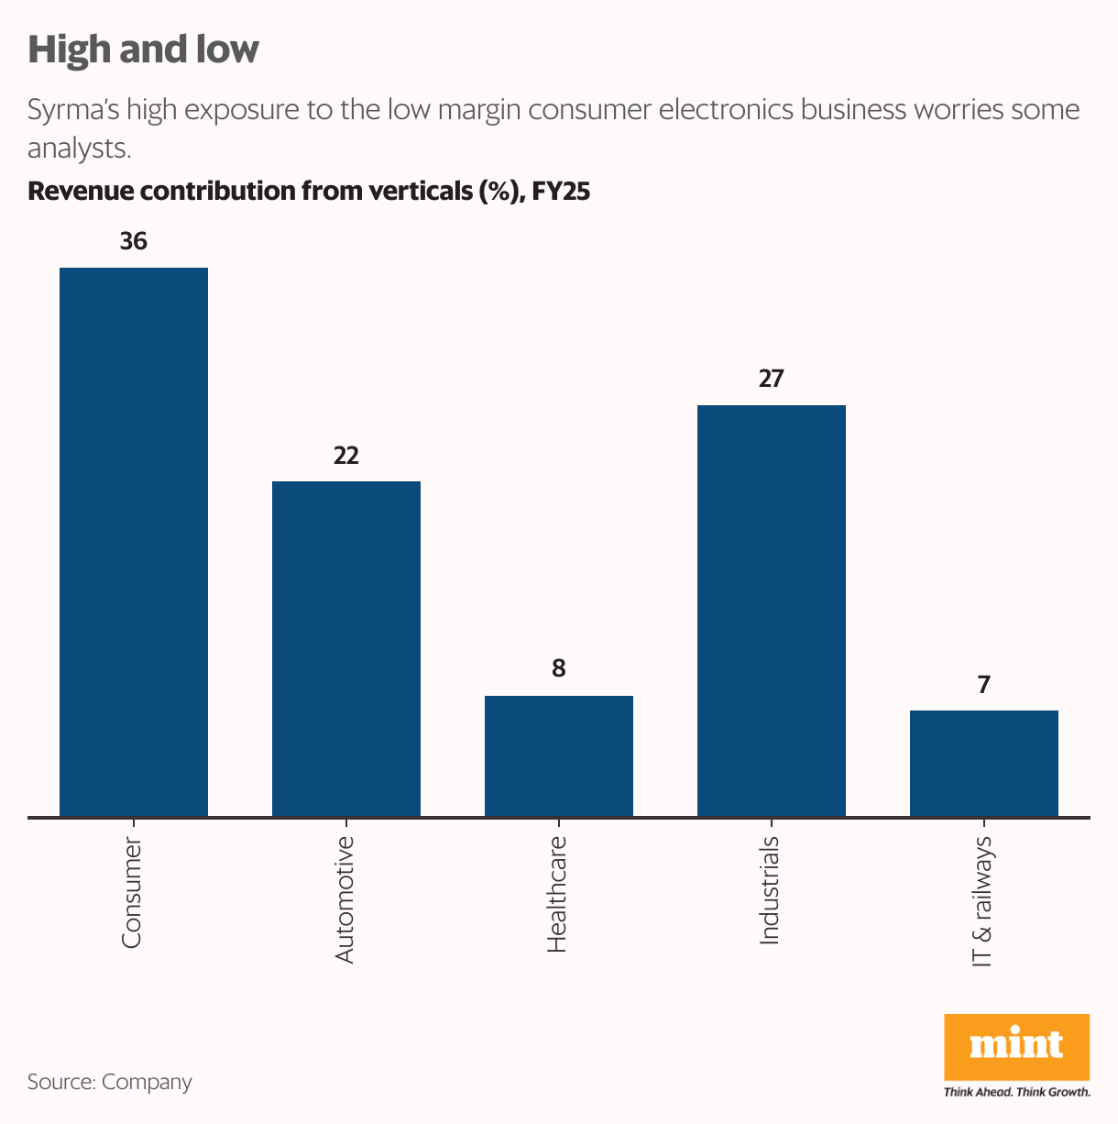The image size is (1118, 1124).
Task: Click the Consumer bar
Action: coord(134,541)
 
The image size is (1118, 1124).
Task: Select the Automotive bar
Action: coord(346,648)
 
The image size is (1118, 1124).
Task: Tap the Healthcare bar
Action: coord(559,755)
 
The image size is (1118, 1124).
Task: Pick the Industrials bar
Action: coord(772,610)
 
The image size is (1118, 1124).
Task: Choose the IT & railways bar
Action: coord(984,763)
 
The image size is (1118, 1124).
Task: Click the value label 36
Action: coord(134,241)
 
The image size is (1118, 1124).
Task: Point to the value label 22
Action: coord(346,455)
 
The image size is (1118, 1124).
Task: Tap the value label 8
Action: coord(559,669)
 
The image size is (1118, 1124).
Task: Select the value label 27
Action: coord(772,379)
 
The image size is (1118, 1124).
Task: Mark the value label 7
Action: coord(984,684)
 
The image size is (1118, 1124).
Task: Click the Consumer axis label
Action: coord(132,891)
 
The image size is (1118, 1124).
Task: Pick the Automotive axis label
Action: coord(345,898)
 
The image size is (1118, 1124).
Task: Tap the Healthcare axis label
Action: coord(557,894)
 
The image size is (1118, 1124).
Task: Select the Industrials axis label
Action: coord(770,889)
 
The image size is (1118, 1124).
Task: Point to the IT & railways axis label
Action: coord(982,900)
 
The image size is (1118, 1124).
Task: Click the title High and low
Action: coord(143,50)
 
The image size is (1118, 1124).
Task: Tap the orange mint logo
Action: coord(1016,1046)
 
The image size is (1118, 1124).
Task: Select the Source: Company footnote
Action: coord(110,1082)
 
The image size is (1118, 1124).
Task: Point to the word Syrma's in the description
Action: coord(74,110)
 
